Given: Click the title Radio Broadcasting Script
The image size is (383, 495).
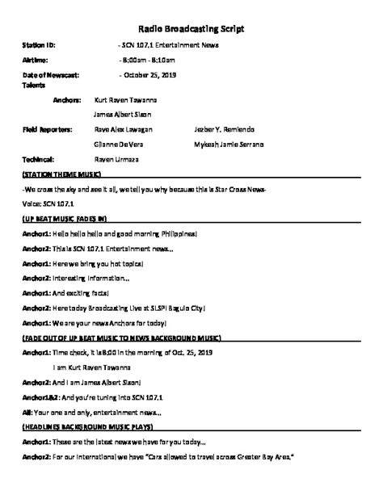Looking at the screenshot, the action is (x=191, y=29).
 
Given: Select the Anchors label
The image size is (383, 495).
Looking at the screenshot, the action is (x=67, y=100).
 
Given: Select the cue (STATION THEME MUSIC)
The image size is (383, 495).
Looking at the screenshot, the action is (x=61, y=174).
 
